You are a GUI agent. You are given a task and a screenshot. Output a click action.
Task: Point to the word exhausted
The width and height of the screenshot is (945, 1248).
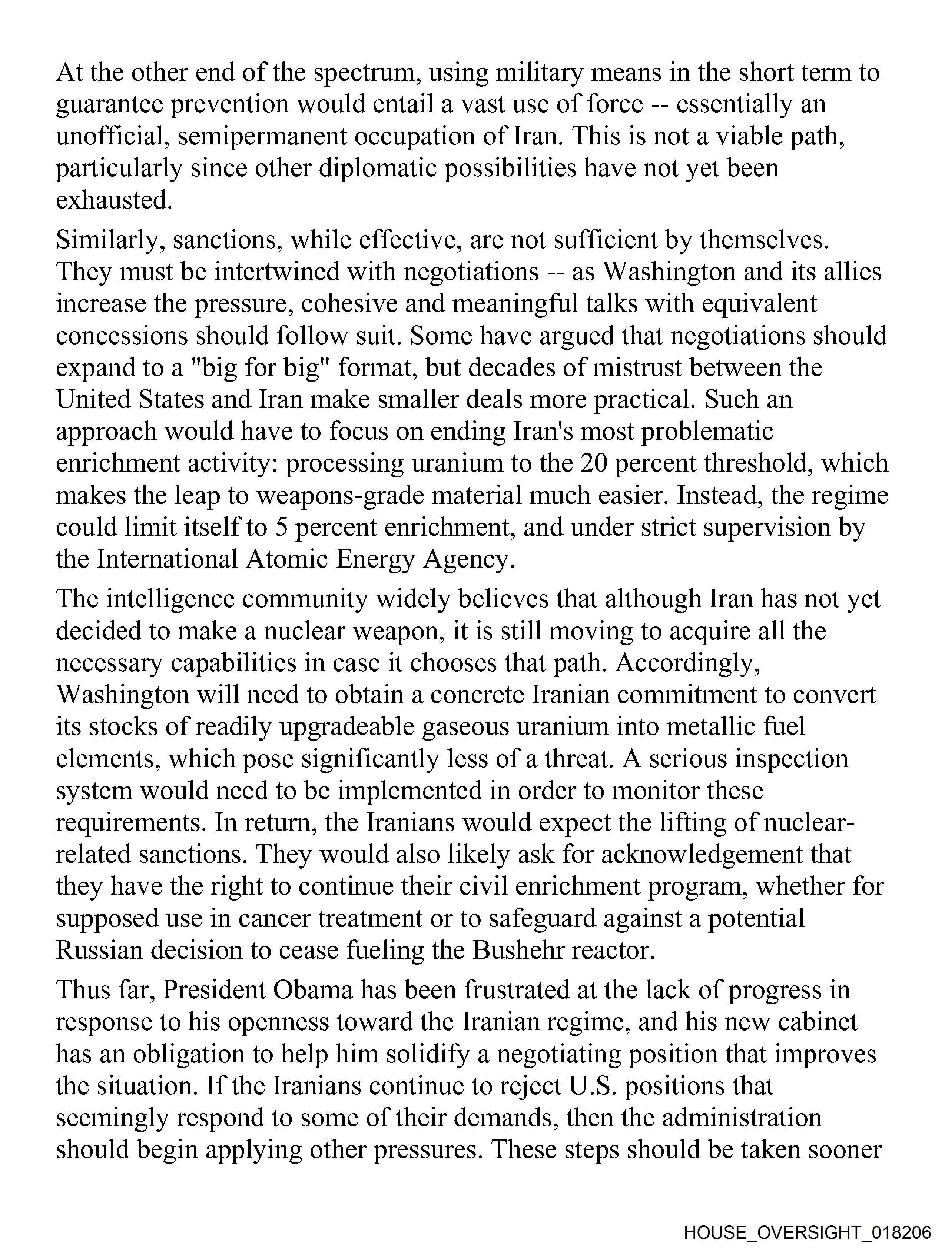pos(113,200)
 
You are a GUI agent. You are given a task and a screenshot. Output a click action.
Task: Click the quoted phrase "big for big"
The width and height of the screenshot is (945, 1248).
pos(260,367)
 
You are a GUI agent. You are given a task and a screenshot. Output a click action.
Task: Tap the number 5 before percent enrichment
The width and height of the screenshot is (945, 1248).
pos(282,527)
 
